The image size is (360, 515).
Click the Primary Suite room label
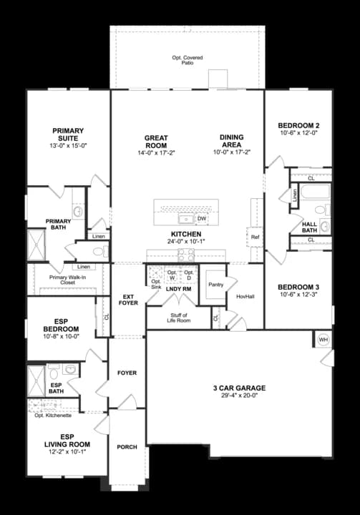68,134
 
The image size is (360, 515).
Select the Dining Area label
231,141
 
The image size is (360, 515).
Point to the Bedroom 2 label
298,127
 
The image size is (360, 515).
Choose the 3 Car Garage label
239,388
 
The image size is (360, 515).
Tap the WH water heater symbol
323,339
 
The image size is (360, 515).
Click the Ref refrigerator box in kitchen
255,237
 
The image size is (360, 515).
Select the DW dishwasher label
202,219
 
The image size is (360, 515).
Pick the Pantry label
215,284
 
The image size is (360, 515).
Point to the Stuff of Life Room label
179,318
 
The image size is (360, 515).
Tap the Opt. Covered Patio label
188,59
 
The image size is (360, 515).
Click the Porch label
127,447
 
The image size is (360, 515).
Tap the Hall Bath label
309,226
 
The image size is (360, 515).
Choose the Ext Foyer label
129,300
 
